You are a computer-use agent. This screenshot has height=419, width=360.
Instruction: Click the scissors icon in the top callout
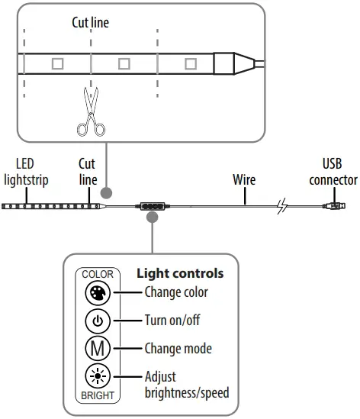pos(91,111)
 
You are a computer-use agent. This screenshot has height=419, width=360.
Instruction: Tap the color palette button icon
pos(98,292)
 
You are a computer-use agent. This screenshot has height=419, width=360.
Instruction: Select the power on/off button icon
pos(98,321)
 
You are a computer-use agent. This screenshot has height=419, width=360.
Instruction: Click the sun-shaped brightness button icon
pos(98,377)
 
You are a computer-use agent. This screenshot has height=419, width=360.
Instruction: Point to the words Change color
pos(175,292)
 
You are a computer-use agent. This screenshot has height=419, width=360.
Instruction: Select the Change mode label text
pos(178,349)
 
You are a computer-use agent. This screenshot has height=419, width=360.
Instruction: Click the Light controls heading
pos(179,272)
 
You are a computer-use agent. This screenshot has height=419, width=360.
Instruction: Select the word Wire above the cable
pos(244,180)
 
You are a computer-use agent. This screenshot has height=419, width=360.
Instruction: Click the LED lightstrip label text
pos(25,172)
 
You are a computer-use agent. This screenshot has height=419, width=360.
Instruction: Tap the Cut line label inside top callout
pos(90,23)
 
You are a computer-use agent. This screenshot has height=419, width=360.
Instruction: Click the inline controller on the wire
pos(154,205)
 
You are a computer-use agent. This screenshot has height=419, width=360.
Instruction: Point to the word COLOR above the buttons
pos(98,274)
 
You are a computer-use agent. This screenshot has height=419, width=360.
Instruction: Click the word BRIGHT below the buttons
pos(98,396)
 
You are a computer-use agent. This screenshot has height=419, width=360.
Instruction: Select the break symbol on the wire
pos(282,205)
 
